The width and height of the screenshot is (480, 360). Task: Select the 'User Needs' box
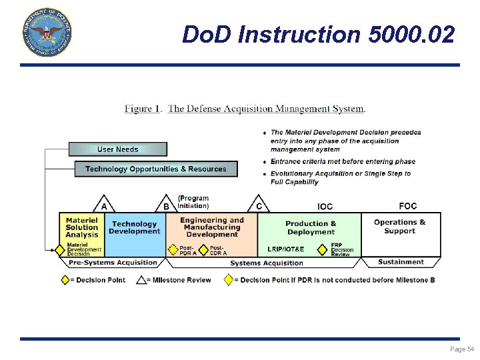[118, 149]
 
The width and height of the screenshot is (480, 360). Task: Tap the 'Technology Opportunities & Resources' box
[156, 169]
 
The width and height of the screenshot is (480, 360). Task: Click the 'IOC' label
[325, 207]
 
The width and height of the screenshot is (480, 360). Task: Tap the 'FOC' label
[408, 206]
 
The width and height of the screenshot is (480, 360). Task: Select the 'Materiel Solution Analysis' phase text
[82, 227]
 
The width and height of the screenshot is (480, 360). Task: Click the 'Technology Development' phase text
[135, 228]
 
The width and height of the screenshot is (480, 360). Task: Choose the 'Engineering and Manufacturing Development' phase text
[212, 227]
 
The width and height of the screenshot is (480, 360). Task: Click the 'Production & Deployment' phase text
[311, 228]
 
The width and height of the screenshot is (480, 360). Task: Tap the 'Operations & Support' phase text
[399, 227]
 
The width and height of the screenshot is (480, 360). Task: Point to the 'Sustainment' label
[401, 262]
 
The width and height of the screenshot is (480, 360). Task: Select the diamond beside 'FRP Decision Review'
[323, 249]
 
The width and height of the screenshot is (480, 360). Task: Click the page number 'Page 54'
[462, 349]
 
